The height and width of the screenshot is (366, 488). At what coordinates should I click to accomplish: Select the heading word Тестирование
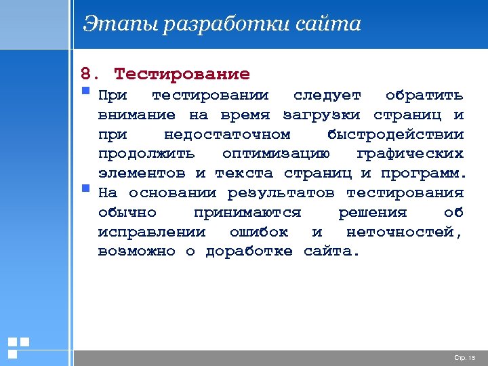182,74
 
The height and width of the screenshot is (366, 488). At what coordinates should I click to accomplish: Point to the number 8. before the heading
89,74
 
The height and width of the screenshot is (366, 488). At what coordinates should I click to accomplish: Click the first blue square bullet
85,90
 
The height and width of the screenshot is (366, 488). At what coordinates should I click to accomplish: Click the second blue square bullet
85,188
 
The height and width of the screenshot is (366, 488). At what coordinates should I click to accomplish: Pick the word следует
327,94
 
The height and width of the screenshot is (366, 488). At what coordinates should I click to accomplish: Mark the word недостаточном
227,134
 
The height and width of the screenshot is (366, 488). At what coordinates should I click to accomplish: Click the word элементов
142,173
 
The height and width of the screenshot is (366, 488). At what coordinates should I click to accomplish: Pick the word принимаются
247,213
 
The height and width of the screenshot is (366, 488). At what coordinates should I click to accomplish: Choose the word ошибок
258,232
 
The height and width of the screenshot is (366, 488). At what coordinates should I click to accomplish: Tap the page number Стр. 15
464,357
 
